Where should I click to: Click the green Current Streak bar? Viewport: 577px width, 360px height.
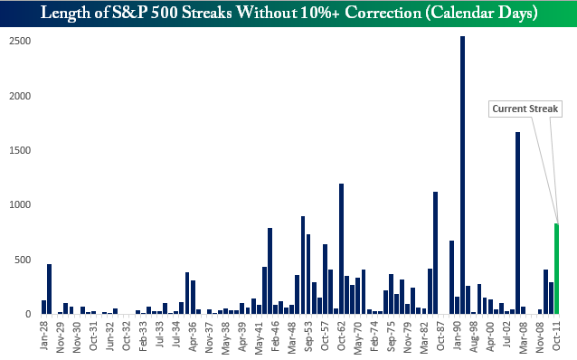[x=556, y=269]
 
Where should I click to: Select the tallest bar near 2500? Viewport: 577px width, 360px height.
[x=462, y=175]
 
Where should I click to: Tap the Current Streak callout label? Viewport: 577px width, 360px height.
[x=525, y=109]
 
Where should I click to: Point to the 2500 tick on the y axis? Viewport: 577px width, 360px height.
[x=20, y=41]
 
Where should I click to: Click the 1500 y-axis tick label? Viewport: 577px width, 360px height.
[x=20, y=150]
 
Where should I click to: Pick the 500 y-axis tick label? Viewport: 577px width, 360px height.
[x=23, y=260]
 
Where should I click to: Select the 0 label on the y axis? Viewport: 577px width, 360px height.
[x=28, y=315]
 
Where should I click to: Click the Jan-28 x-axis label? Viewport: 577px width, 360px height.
[x=44, y=336]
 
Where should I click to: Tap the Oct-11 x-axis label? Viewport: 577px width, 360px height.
[x=556, y=336]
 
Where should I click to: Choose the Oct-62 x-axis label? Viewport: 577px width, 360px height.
[x=341, y=336]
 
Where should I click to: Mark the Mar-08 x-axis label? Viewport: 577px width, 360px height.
[x=523, y=336]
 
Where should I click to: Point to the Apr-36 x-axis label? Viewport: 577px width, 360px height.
[x=193, y=336]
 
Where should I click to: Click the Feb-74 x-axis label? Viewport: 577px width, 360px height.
[x=374, y=336]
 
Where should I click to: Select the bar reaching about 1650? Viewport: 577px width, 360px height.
[x=517, y=223]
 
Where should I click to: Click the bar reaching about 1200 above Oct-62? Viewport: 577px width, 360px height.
[x=342, y=249]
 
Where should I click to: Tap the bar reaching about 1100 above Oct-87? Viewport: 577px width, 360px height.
[x=435, y=253]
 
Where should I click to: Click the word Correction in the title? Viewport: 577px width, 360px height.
[x=383, y=13]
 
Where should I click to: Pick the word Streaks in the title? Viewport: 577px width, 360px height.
[x=207, y=13]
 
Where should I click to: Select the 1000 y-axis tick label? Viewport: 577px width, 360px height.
[x=20, y=204]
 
